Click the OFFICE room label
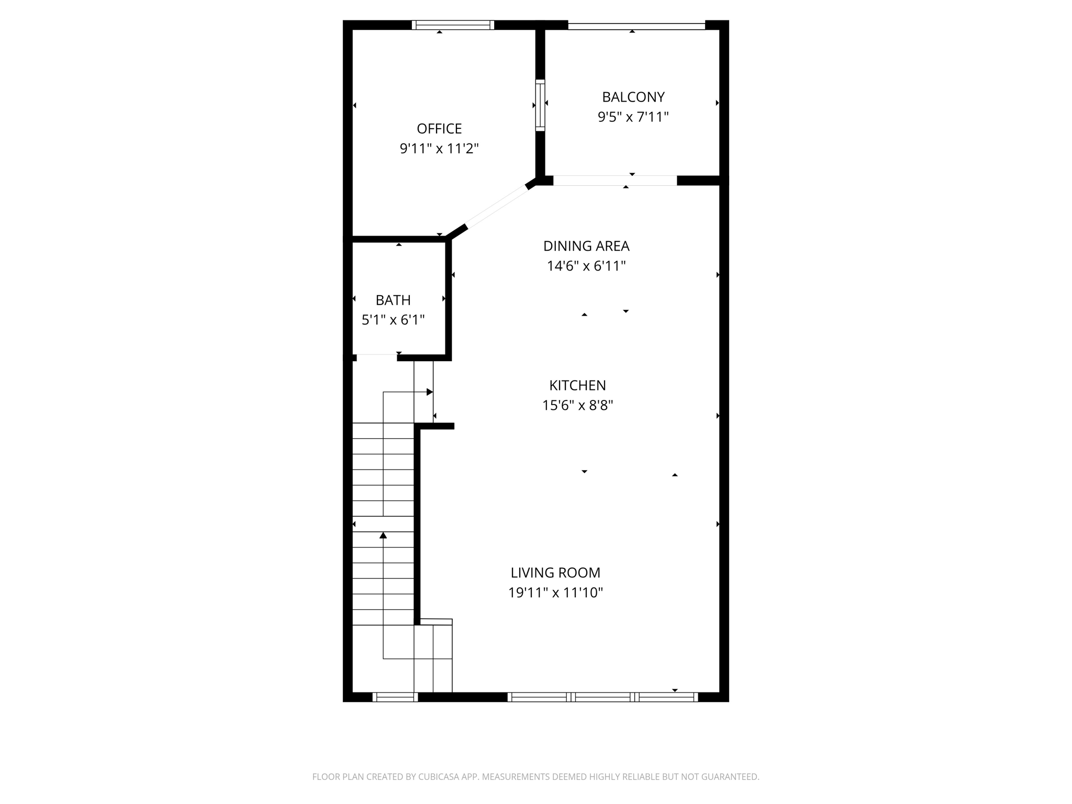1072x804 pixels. tap(439, 129)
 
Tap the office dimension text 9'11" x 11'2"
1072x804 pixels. tap(439, 149)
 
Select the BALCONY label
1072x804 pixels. tap(633, 97)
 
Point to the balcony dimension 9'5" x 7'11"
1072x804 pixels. tap(633, 117)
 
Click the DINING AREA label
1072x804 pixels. tap(586, 246)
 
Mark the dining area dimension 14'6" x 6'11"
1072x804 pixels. tap(586, 266)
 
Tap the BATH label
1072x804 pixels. tap(393, 300)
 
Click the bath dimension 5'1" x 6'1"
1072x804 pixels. tap(393, 320)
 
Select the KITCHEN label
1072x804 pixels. tap(577, 386)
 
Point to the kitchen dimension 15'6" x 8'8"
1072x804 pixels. tap(577, 405)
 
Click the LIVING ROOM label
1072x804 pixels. tap(555, 573)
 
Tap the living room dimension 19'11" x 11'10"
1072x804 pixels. tap(555, 593)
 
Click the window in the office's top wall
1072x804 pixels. tap(453, 25)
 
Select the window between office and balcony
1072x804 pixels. tap(540, 105)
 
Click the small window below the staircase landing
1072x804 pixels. tap(395, 697)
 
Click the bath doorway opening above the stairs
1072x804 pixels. tap(377, 358)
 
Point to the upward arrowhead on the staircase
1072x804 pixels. tap(383, 535)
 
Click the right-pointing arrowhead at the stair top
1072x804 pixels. tap(430, 392)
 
